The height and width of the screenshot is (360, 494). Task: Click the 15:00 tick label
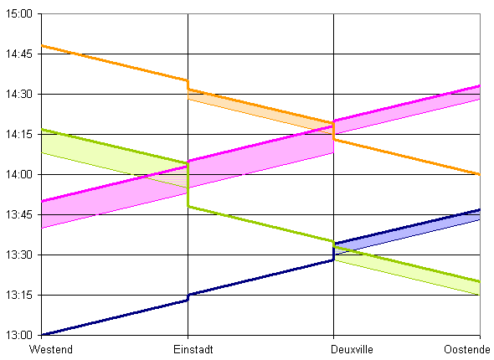[19, 14]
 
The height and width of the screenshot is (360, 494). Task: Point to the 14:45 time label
[19, 54]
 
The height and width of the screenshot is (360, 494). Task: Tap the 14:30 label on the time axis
[19, 94]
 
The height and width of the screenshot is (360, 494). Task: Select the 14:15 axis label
[19, 134]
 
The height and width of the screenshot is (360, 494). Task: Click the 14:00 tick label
[19, 174]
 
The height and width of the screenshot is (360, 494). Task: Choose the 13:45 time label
[19, 214]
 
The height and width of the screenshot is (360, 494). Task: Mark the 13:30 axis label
[19, 255]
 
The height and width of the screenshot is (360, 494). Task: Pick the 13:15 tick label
[19, 295]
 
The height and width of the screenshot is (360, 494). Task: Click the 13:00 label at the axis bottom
[19, 335]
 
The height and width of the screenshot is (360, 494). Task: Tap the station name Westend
[51, 349]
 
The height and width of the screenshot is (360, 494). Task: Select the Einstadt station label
[193, 349]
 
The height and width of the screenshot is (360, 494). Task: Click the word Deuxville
[352, 349]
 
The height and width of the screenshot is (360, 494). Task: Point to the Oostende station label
[467, 349]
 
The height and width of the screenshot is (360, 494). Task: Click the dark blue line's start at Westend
[42, 335]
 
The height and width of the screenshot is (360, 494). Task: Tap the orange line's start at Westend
[42, 46]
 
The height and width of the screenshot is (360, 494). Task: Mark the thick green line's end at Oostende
[480, 281]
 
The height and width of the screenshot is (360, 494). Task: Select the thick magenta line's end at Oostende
[480, 85]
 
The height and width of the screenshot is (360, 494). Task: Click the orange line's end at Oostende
[480, 174]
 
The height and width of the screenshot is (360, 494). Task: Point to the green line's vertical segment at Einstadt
[188, 185]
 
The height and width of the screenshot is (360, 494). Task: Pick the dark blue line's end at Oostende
[480, 209]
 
